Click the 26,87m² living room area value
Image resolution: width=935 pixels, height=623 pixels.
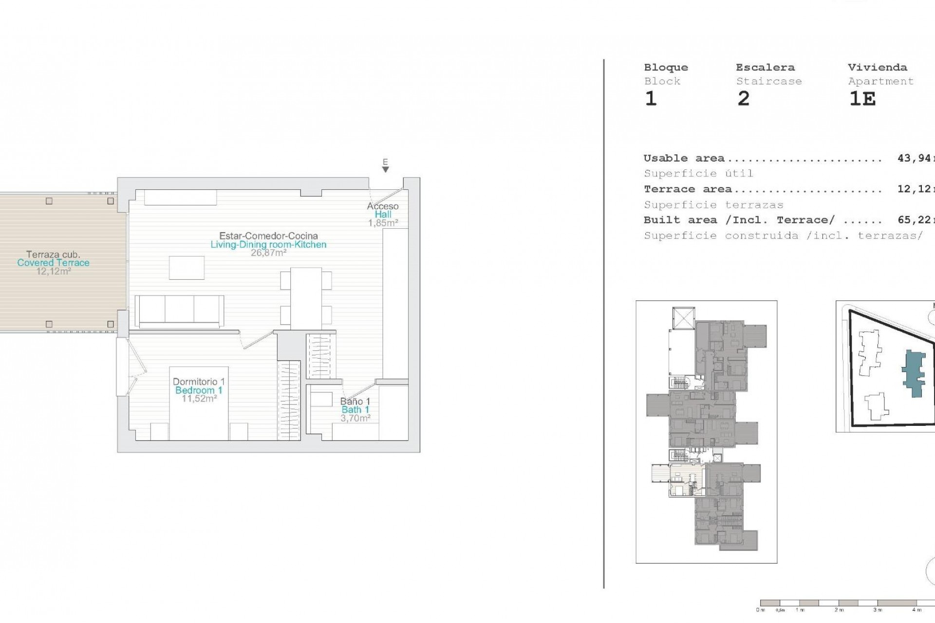pyautogui.click(x=268, y=253)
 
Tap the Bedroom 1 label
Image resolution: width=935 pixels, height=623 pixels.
pyautogui.click(x=199, y=390)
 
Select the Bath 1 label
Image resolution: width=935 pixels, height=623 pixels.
pyautogui.click(x=355, y=410)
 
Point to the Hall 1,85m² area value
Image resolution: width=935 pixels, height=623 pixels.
pyautogui.click(x=383, y=223)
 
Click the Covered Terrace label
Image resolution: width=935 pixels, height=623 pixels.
pyautogui.click(x=53, y=263)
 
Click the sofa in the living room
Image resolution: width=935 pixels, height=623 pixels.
pyautogui.click(x=179, y=311)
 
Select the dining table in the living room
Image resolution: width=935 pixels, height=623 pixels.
pyautogui.click(x=306, y=298)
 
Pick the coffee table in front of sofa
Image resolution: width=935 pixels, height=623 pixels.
pyautogui.click(x=187, y=268)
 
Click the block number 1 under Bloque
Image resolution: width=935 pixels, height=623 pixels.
pyautogui.click(x=651, y=99)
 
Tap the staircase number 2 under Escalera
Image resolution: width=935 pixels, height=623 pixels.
pyautogui.click(x=743, y=99)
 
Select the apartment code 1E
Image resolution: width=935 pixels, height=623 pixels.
pyautogui.click(x=862, y=99)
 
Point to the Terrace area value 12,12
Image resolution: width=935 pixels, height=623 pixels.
pyautogui.click(x=914, y=189)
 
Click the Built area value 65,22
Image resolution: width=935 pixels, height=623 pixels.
pyautogui.click(x=914, y=220)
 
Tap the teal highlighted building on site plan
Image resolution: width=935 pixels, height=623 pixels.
pyautogui.click(x=913, y=374)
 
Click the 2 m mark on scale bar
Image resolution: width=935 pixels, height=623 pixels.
pyautogui.click(x=839, y=610)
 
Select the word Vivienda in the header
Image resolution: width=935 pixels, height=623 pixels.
pyautogui.click(x=877, y=68)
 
